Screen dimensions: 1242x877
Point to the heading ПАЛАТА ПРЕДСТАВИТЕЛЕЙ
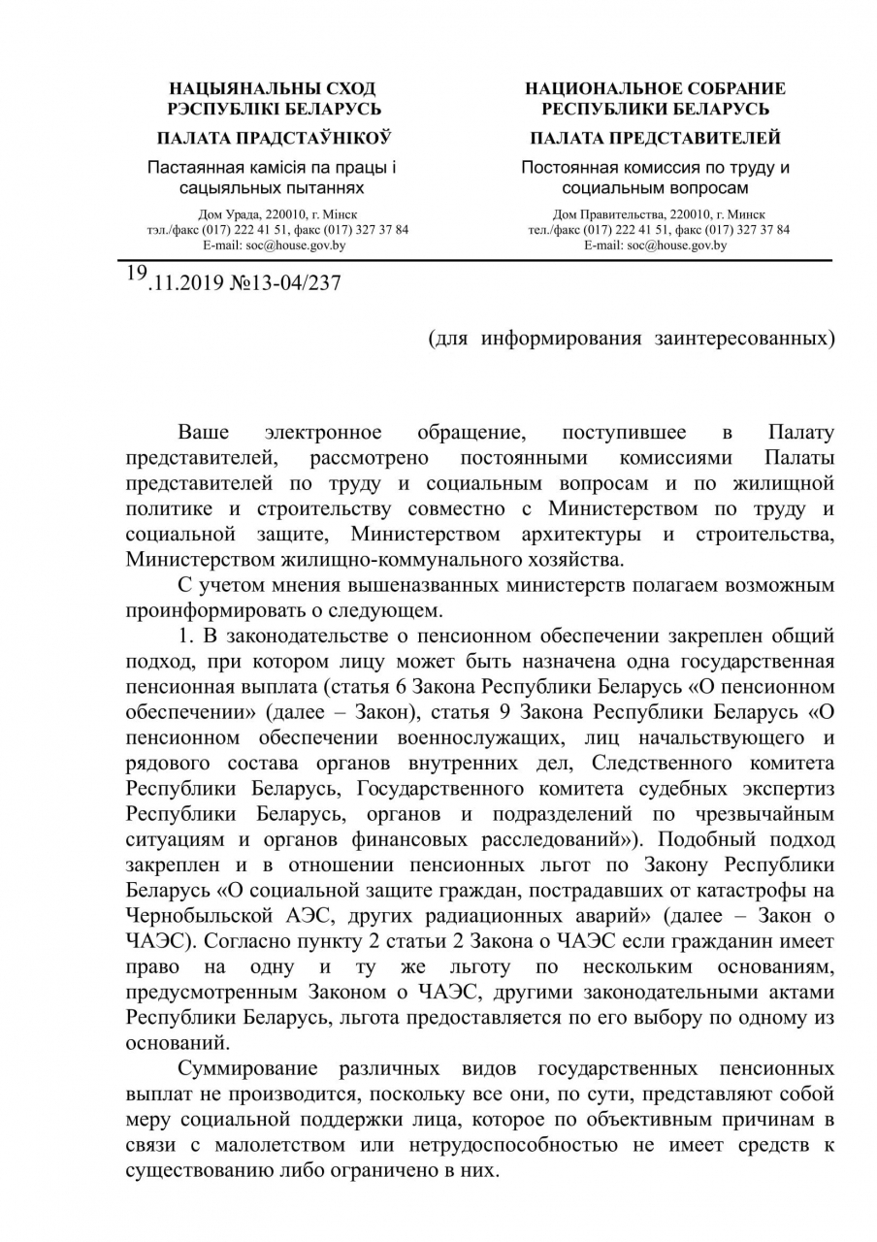pos(656,138)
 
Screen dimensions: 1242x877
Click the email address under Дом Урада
pos(274,245)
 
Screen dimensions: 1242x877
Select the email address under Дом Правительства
pos(656,245)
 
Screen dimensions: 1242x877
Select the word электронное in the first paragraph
pos(323,432)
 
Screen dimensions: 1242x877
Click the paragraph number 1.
pos(184,637)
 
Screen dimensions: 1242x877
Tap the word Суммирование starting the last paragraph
pos(248,1068)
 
